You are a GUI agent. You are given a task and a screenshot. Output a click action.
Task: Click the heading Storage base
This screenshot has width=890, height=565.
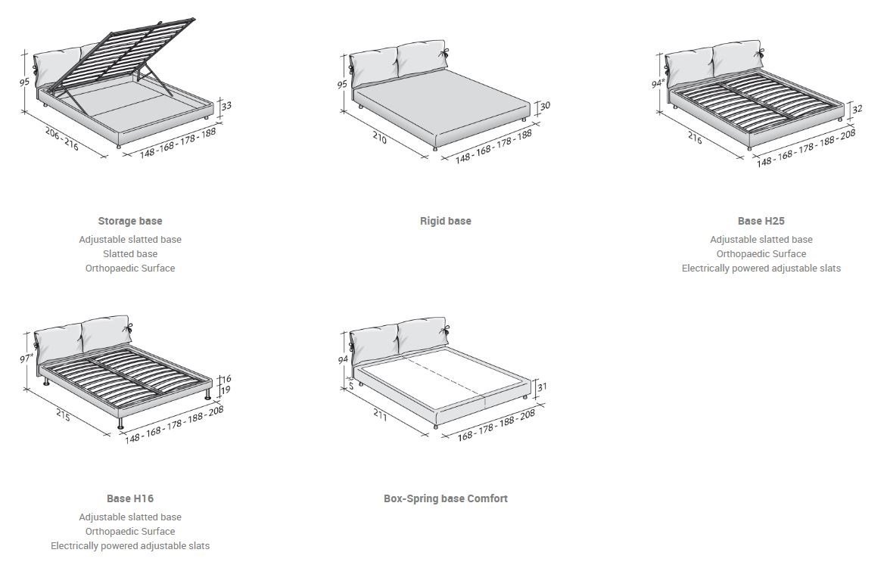[129, 221]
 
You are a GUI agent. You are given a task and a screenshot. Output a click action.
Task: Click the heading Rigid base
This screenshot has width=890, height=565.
[445, 221]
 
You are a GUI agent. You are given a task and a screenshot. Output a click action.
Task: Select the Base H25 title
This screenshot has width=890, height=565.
[761, 221]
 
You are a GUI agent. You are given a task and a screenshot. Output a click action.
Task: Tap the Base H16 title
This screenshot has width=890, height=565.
[129, 498]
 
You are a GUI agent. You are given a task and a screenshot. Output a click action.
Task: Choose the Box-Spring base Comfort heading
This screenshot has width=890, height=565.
[445, 498]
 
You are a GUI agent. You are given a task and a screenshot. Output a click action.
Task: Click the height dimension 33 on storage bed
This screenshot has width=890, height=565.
[226, 107]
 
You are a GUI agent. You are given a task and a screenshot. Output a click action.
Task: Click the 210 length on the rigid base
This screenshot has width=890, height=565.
[379, 139]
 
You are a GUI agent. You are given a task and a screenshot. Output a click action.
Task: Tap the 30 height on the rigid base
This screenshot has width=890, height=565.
[544, 106]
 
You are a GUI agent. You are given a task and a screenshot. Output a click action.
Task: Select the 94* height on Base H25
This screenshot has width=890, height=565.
[658, 84]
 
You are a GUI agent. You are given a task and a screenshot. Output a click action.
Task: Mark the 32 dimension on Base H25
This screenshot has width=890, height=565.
[857, 109]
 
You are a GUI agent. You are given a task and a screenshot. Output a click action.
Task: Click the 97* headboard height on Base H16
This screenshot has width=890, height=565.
[26, 359]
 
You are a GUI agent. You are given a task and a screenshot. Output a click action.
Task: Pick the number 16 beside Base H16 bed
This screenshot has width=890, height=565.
[226, 378]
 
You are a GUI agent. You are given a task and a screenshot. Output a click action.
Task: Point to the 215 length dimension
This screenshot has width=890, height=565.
[64, 414]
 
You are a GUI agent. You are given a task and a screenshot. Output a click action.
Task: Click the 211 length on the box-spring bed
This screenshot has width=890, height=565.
[381, 414]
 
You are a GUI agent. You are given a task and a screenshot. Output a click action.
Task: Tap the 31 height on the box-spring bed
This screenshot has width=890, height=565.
[542, 386]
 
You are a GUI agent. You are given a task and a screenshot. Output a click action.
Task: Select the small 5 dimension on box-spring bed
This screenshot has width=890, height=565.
[350, 386]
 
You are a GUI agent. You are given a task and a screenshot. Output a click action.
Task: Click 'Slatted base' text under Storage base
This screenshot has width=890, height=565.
[130, 253]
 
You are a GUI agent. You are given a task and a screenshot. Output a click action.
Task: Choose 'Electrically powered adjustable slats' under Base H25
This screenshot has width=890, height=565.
[761, 268]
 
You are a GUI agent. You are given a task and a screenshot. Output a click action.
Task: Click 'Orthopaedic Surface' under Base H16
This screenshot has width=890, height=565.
[130, 531]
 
